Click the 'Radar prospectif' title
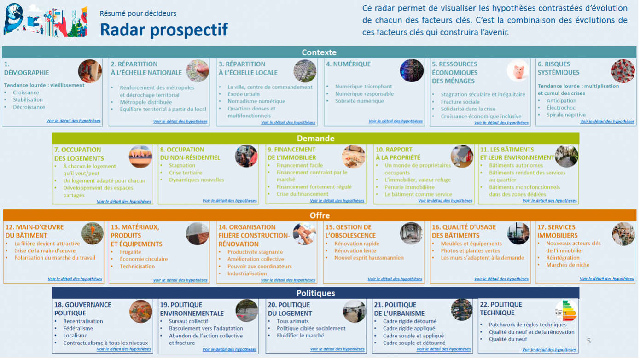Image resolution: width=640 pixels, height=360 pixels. tap(163, 29)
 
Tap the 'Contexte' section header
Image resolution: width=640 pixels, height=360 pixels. tap(319, 52)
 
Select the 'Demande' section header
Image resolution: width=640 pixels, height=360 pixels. tap(315, 138)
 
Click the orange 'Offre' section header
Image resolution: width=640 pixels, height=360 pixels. tap(320, 215)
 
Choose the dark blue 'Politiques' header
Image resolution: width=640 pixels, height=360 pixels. tap(315, 293)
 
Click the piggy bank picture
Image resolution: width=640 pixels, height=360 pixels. tap(518, 71)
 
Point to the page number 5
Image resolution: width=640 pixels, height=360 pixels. tap(588, 341)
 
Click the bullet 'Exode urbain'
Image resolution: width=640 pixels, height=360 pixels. tap(244, 94)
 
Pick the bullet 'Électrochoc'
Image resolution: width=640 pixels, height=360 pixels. tap(561, 108)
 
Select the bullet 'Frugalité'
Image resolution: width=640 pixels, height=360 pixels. tap(130, 252)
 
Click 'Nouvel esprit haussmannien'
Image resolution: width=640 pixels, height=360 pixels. tap(369, 258)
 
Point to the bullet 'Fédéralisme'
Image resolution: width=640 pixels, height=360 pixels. tap(78, 328)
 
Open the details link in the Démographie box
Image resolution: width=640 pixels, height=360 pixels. tap(73, 121)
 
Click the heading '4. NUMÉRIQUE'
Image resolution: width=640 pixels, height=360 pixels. tap(348, 64)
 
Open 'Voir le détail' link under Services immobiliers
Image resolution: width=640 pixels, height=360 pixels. tap(606, 279)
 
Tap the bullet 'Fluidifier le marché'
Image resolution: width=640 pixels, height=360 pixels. tap(300, 335)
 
